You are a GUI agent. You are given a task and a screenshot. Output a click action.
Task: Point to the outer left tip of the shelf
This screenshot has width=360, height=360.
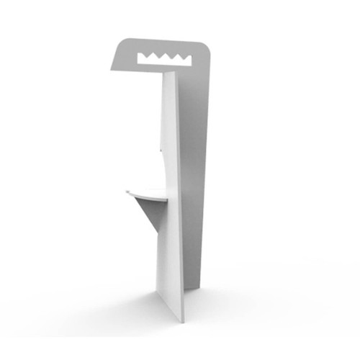click(x=126, y=192)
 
